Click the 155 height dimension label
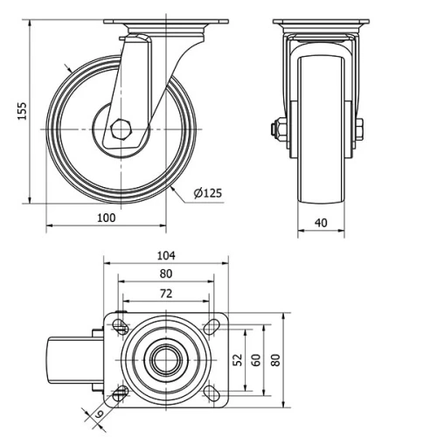(x=23, y=110)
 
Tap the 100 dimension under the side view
(x=106, y=217)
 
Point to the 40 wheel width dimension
(x=321, y=223)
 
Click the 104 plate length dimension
(x=166, y=256)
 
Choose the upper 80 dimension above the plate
(x=166, y=274)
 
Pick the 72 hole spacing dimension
(x=166, y=294)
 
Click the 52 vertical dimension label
(x=237, y=359)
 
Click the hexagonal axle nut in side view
(x=120, y=129)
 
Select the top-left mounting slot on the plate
(x=121, y=328)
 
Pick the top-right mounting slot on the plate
(x=211, y=328)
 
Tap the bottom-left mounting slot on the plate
(x=121, y=391)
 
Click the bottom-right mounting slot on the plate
(x=211, y=391)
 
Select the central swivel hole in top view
(x=166, y=359)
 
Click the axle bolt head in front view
(x=276, y=130)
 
